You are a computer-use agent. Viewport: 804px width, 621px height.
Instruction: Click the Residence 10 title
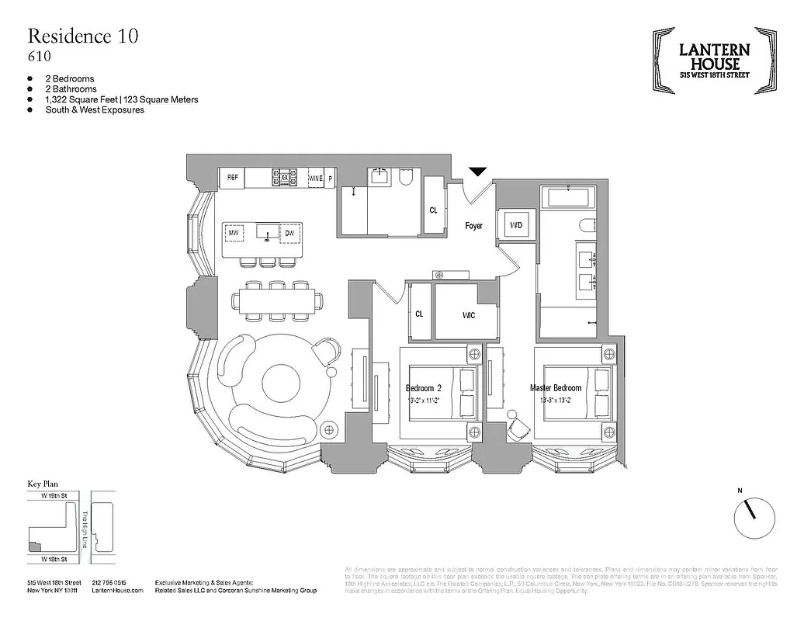click(x=84, y=36)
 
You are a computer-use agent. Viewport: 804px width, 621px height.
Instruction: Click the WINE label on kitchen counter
click(x=315, y=179)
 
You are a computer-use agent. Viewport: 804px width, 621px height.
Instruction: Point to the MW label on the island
click(x=234, y=233)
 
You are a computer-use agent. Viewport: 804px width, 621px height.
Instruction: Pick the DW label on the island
click(x=289, y=233)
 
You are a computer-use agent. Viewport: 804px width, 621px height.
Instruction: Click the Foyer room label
click(x=473, y=226)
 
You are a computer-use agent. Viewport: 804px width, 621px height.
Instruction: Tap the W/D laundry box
click(x=516, y=225)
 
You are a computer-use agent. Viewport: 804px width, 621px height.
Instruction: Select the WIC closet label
click(x=469, y=316)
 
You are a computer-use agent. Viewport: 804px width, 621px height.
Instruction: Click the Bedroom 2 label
click(x=423, y=388)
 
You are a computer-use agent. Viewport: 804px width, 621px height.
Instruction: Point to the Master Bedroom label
click(x=555, y=388)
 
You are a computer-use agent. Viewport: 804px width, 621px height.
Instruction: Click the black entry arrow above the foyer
click(x=477, y=172)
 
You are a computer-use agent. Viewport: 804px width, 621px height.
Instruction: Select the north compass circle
click(x=754, y=516)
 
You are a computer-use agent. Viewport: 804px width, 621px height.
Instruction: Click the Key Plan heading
click(x=44, y=484)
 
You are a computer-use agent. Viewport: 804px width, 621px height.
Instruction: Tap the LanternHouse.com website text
click(x=117, y=591)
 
